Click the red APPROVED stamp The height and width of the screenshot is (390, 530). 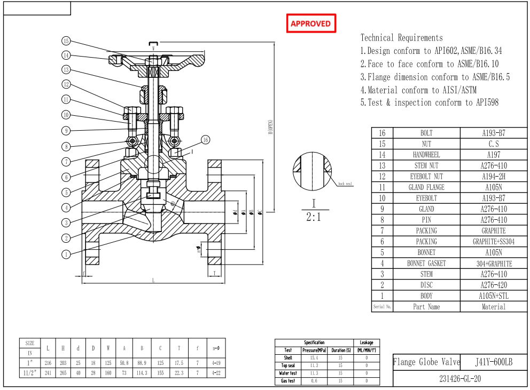[x=311, y=23]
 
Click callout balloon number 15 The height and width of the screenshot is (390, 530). [x=66, y=41]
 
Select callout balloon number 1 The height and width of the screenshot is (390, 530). [x=66, y=254]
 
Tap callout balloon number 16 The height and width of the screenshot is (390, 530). [x=206, y=140]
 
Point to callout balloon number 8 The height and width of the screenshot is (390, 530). [x=66, y=146]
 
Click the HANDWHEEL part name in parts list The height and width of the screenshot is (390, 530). [x=426, y=155]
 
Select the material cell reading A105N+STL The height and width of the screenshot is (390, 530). [x=493, y=296]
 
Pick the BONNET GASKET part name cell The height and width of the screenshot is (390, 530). [x=426, y=263]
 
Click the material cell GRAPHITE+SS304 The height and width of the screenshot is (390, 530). [x=493, y=242]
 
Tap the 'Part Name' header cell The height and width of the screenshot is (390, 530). [x=426, y=307]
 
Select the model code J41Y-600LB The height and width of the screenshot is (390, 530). [x=493, y=362]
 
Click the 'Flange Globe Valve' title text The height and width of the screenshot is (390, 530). [x=426, y=362]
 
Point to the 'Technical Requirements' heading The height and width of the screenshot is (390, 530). [x=401, y=38]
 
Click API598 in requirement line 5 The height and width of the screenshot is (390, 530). [x=487, y=102]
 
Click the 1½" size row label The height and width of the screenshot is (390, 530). [x=30, y=373]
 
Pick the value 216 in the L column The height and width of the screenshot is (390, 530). [x=48, y=363]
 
